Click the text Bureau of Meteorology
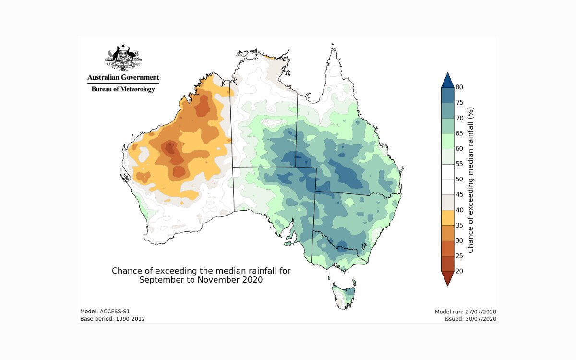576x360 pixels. coord(123,89)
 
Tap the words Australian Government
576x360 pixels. coord(123,77)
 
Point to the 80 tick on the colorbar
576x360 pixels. coord(459,87)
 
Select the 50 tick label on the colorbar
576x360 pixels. coord(459,179)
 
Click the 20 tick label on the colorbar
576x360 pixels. coord(459,271)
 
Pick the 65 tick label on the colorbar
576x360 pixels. coord(459,133)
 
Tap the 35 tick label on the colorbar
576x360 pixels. coord(459,225)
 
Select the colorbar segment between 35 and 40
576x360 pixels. coord(446,217)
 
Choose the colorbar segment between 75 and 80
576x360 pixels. coord(446,95)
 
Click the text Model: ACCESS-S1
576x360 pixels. coord(105,311)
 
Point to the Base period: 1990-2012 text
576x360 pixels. coord(112,319)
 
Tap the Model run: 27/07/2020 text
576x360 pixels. coord(465,311)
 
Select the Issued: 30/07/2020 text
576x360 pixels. coord(470,319)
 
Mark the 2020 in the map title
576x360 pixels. coord(252,280)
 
